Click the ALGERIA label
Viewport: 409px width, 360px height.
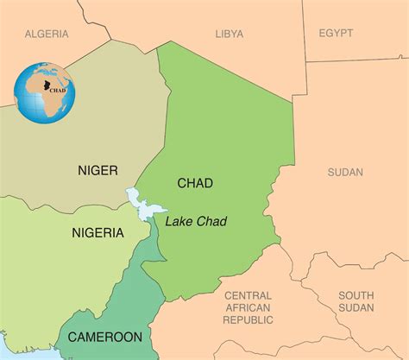[47, 34]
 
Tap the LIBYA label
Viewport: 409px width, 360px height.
[229, 34]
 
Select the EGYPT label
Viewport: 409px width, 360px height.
[336, 33]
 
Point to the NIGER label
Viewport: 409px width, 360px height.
[98, 170]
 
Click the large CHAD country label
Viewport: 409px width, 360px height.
[194, 183]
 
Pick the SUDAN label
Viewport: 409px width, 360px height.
[345, 173]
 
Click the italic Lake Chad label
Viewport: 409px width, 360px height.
[196, 222]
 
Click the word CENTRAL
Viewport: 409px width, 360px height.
[248, 295]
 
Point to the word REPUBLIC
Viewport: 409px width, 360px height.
[248, 319]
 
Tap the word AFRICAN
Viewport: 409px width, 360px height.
[248, 307]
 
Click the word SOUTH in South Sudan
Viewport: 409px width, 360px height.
[356, 294]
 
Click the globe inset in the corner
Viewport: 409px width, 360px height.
[45, 93]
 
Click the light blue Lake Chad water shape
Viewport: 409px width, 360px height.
[142, 204]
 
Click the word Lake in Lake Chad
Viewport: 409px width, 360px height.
[179, 222]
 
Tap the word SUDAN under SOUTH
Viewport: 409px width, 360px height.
[356, 307]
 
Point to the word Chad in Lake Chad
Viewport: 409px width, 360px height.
[211, 222]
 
